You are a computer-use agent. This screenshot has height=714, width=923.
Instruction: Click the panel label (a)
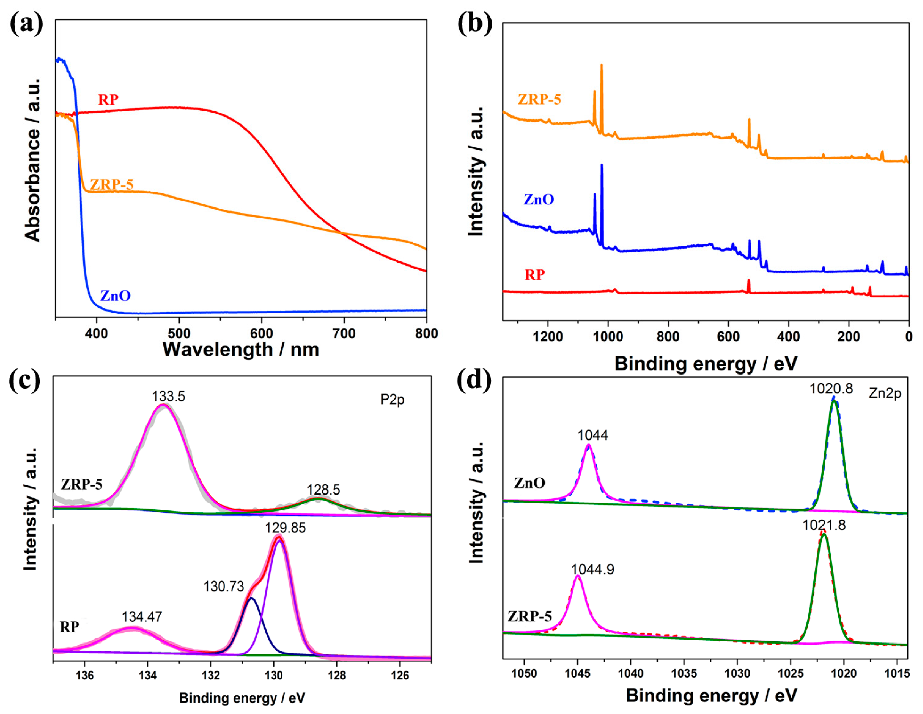26,24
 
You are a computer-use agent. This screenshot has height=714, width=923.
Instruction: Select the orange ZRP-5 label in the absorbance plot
111,184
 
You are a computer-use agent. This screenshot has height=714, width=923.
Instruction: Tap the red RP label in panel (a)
109,100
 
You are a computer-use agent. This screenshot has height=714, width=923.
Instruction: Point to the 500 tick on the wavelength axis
179,334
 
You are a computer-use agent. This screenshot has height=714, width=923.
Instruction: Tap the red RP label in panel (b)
535,275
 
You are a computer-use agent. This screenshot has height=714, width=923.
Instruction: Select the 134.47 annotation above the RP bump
142,617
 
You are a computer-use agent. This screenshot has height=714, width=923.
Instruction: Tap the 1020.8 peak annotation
831,388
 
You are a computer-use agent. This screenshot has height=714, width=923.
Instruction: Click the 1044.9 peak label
593,570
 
